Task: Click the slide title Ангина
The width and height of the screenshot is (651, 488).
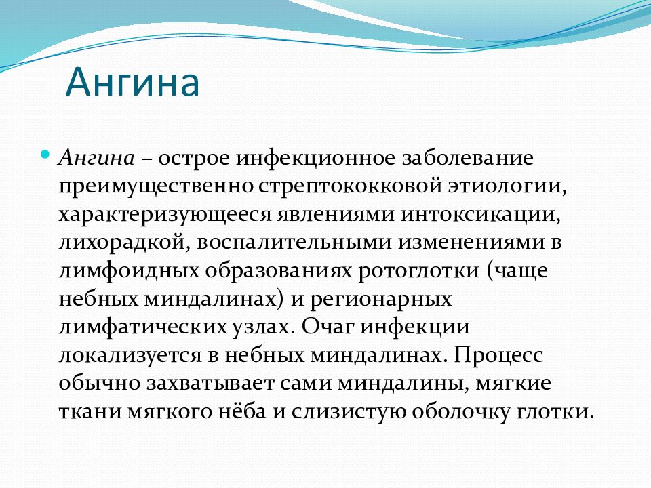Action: point(132,82)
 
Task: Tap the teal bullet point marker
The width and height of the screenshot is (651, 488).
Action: point(45,155)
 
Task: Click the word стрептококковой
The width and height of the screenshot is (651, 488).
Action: point(350,186)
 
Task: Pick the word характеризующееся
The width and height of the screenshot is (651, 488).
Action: point(165,216)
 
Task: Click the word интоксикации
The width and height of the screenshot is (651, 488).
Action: point(480,215)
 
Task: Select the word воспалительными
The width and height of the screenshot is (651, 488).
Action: point(294,243)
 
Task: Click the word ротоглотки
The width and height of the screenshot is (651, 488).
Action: point(418,271)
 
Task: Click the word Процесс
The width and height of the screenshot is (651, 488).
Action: point(498,356)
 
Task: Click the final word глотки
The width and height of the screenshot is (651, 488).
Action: point(553,412)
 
